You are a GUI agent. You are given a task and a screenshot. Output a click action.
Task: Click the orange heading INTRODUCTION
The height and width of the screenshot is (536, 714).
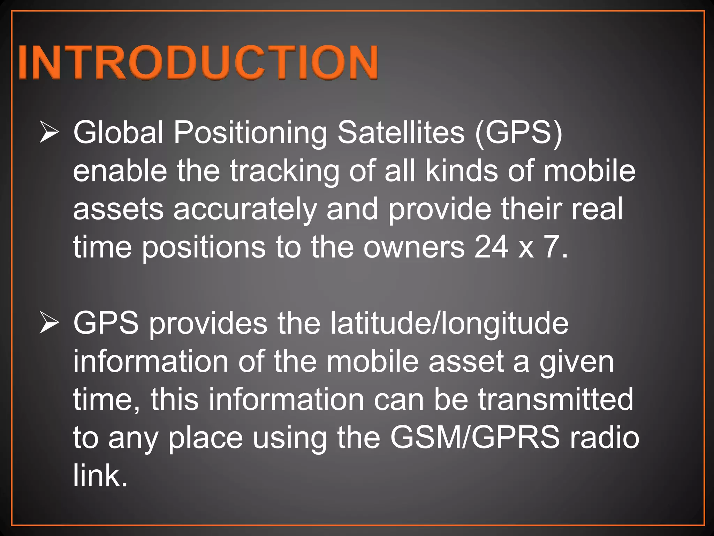198,62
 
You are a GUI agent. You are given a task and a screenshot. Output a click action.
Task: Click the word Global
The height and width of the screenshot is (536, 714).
118,132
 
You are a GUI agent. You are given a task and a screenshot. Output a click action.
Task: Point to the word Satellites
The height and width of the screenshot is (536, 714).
401,132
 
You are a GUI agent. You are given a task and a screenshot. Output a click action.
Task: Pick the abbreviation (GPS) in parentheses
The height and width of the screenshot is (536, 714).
518,132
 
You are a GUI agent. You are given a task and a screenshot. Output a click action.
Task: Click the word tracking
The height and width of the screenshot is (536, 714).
284,171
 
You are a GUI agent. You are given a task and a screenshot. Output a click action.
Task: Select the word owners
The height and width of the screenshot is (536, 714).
414,247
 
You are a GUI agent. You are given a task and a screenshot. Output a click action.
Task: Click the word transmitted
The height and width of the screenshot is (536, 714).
555,399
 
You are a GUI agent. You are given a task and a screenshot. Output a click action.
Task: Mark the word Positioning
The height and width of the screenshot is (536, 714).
250,133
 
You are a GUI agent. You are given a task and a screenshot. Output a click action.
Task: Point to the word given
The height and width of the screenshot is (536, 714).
577,362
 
